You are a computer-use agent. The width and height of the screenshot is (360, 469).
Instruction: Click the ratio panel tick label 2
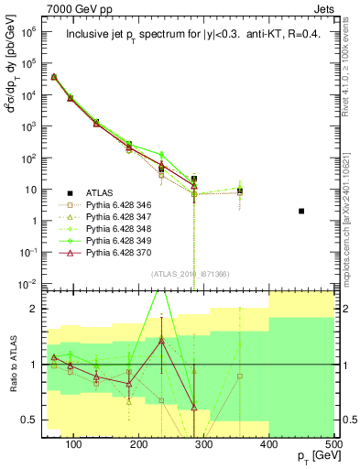[x=37, y=309]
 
